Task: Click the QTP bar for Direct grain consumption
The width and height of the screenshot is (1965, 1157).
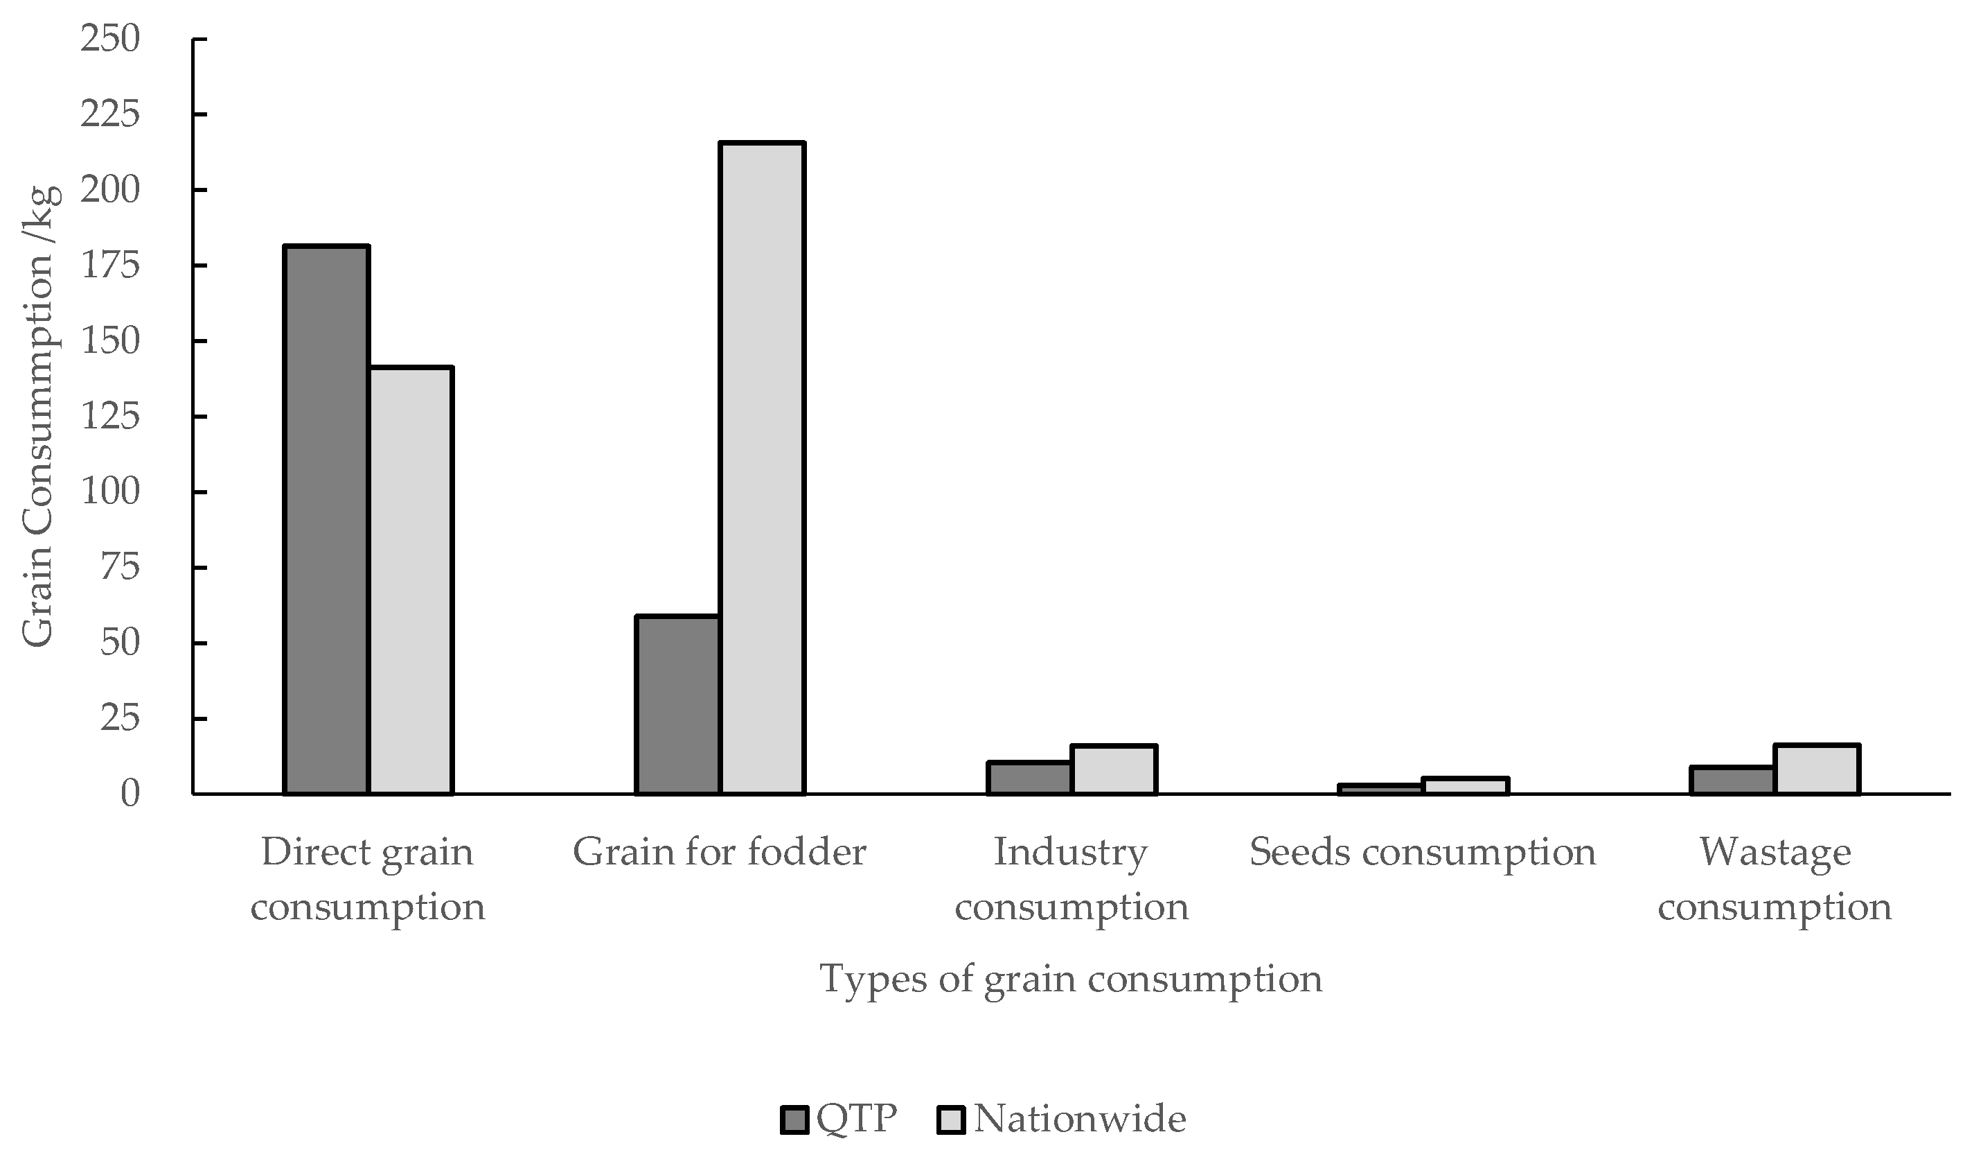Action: coord(326,521)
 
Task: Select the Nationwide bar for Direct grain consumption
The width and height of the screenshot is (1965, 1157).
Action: coord(411,580)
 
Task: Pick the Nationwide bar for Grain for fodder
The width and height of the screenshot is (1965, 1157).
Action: coord(762,468)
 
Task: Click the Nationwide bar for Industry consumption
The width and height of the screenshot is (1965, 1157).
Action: coord(1114,770)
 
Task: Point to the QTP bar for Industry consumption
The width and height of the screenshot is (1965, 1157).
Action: coord(1029,778)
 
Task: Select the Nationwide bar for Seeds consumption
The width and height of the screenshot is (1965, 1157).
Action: coord(1465,786)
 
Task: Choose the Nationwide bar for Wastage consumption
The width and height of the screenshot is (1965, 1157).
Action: coord(1817,770)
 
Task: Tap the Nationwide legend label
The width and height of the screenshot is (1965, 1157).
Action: coord(1080,1119)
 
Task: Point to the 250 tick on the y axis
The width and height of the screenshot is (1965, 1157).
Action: coord(110,39)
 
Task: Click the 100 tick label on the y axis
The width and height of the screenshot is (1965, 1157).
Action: coord(110,492)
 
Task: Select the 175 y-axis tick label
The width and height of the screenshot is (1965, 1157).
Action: coord(110,266)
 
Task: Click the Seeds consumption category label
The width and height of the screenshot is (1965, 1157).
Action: coord(1422,853)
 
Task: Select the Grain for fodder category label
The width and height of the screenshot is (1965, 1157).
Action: coord(719,853)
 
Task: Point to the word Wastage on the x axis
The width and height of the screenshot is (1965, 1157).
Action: coord(1775,853)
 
